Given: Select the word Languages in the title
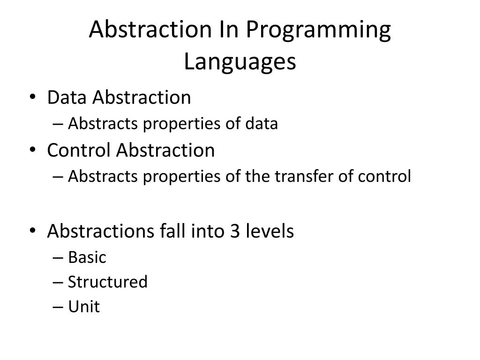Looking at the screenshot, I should click(x=240, y=62).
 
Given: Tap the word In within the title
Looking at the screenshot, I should click(x=228, y=30).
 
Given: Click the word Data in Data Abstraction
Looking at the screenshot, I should click(x=67, y=97).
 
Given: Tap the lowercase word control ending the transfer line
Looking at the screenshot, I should click(x=384, y=177).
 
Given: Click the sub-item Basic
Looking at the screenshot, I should click(x=87, y=257).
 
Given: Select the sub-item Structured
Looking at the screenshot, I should click(x=107, y=282).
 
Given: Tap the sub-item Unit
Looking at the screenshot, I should click(x=84, y=307).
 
